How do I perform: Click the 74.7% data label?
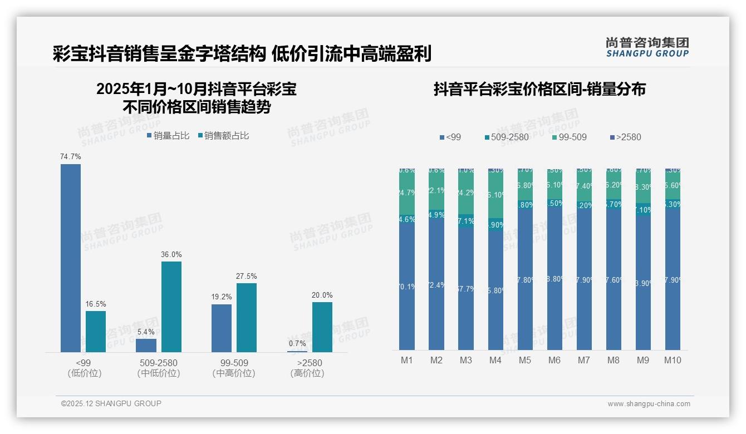[71, 157]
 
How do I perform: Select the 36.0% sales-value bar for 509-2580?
[171, 307]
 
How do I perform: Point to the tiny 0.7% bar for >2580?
[297, 351]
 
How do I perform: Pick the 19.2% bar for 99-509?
[222, 328]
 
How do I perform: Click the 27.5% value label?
[247, 276]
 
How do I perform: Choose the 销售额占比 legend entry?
[224, 135]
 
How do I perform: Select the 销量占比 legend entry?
[168, 135]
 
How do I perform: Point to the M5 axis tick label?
[525, 360]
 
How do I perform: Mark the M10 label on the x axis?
[673, 360]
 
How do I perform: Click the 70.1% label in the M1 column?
[407, 287]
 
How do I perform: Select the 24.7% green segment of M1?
[407, 193]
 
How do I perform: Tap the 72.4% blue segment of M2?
[436, 284]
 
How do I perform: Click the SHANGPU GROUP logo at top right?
[647, 47]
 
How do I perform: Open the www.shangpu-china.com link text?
[649, 404]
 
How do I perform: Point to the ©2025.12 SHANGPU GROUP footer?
[111, 403]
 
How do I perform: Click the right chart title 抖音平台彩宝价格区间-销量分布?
[539, 89]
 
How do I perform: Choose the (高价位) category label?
[307, 373]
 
